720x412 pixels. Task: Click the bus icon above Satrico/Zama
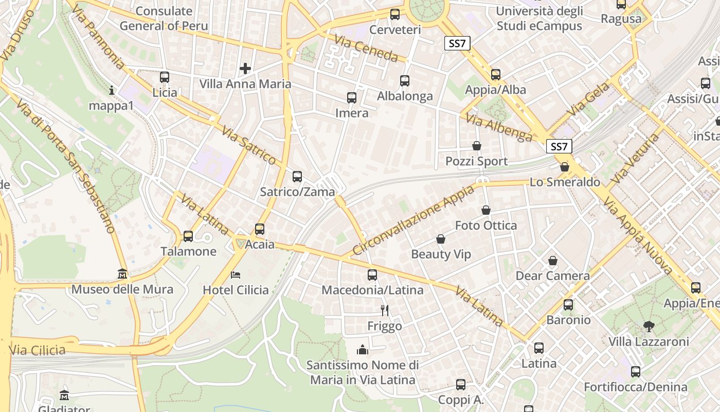click(297, 177)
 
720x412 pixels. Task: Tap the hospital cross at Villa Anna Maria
click(245, 68)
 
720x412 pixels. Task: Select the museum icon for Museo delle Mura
click(122, 273)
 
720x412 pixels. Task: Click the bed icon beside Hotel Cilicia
click(236, 274)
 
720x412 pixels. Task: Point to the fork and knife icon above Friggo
click(384, 310)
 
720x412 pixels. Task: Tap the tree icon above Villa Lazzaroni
click(649, 326)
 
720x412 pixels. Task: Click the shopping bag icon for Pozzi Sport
click(477, 146)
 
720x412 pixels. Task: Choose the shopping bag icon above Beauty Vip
click(441, 239)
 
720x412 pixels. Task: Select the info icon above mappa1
click(112, 90)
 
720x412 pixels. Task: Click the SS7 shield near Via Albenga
click(559, 146)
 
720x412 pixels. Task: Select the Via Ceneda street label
click(366, 48)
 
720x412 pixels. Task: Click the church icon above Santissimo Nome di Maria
click(363, 350)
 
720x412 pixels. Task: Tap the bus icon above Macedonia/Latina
click(372, 275)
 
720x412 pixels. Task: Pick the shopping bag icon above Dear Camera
click(553, 261)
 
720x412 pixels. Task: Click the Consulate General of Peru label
click(164, 19)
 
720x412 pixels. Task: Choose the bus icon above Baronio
click(568, 305)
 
